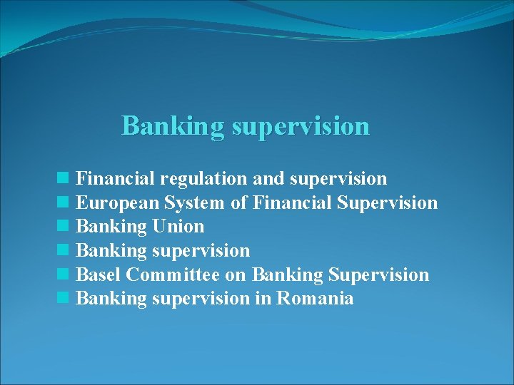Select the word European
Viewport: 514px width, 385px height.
coord(116,203)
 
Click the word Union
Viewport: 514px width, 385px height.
coord(178,227)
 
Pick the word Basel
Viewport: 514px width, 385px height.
coord(98,274)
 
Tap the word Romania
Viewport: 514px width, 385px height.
coord(315,298)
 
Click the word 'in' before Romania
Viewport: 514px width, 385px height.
coord(263,298)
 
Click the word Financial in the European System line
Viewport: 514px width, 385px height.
coord(291,203)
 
